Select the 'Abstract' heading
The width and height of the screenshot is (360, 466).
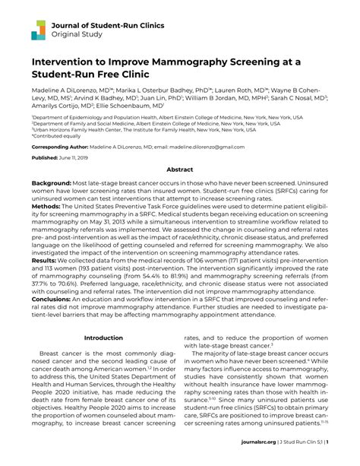click(180, 170)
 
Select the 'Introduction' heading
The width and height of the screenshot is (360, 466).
click(103, 338)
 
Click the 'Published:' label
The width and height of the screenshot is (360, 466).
click(46, 157)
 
